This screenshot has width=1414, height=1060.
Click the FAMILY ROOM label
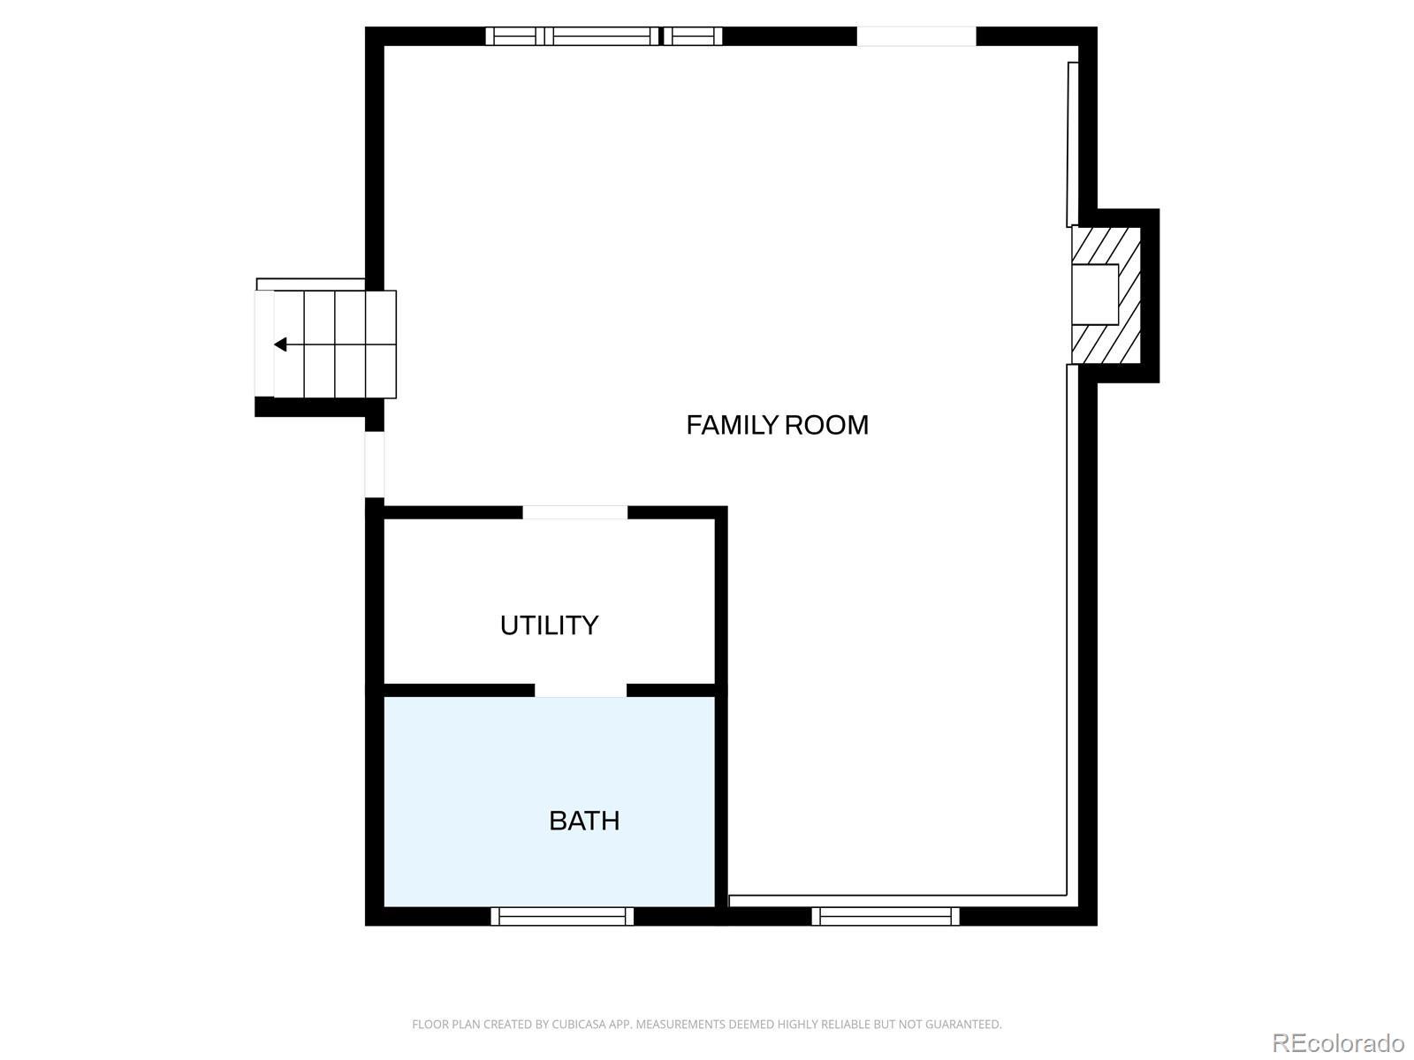click(777, 426)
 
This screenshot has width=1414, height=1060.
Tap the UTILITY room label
click(550, 625)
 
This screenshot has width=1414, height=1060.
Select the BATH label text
click(584, 821)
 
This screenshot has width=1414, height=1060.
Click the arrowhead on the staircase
click(280, 344)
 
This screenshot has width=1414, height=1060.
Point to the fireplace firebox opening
click(1094, 294)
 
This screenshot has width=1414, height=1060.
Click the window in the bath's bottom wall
click(562, 916)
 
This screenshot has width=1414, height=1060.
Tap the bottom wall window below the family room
click(886, 916)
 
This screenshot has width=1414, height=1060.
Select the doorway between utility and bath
click(581, 691)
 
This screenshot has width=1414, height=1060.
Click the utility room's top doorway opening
click(574, 512)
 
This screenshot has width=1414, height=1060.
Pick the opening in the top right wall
click(916, 36)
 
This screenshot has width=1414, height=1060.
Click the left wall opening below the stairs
click(375, 464)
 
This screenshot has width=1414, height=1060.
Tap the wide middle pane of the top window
click(602, 36)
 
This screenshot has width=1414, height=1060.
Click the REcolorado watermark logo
click(1338, 1041)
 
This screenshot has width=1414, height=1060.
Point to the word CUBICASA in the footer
click(577, 1024)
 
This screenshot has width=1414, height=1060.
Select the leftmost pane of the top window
click(514, 36)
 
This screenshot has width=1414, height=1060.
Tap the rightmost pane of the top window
click(693, 36)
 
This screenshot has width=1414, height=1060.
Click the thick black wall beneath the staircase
click(310, 407)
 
